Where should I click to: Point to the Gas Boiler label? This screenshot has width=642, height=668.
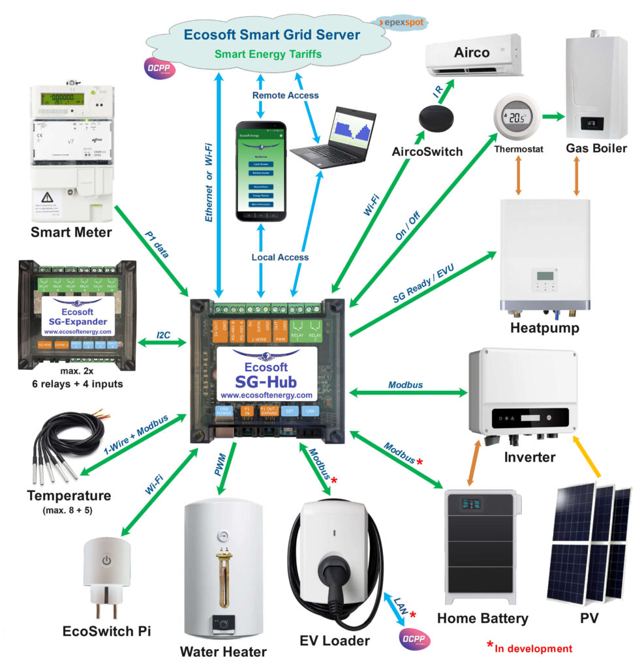(596, 148)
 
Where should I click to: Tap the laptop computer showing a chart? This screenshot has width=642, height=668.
(335, 139)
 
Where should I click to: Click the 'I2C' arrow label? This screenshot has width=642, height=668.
(164, 335)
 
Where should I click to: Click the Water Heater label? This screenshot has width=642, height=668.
(223, 651)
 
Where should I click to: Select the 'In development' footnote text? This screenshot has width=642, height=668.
(533, 648)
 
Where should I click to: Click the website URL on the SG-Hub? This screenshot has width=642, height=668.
(267, 395)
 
